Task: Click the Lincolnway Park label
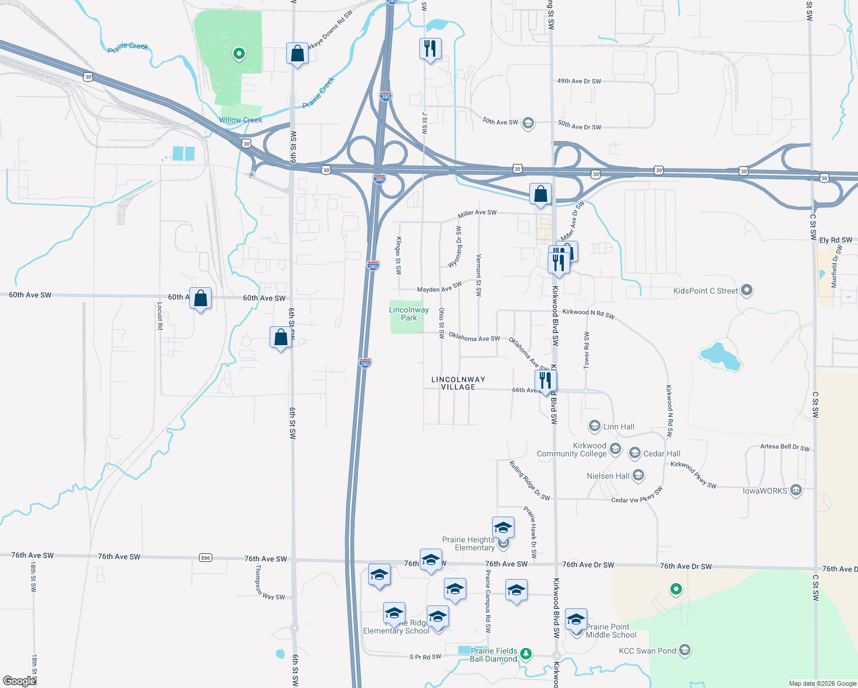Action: (408, 314)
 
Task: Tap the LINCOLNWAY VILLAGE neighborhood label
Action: (458, 383)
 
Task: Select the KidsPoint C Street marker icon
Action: (746, 290)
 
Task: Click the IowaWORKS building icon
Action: (796, 490)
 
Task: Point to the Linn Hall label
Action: (619, 427)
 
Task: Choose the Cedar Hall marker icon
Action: (635, 454)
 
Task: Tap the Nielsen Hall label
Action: (608, 476)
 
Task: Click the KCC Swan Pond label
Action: (647, 651)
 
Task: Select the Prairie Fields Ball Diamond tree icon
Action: (525, 654)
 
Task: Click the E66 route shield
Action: (205, 557)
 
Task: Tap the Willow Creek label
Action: (240, 120)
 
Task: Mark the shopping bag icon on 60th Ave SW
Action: (200, 299)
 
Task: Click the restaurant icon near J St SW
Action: (430, 49)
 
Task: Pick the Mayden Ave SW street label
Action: (439, 287)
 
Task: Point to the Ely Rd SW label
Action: (836, 240)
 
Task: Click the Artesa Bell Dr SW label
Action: (785, 447)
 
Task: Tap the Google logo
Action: (18, 681)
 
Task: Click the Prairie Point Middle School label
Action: (611, 631)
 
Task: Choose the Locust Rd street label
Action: (160, 315)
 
